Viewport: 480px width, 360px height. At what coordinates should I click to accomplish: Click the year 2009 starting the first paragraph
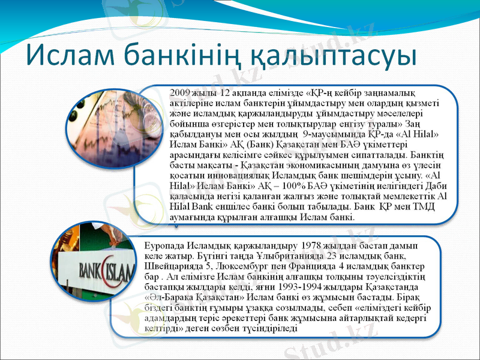point(181,93)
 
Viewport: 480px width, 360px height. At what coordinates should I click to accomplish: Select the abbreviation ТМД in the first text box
point(433,206)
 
